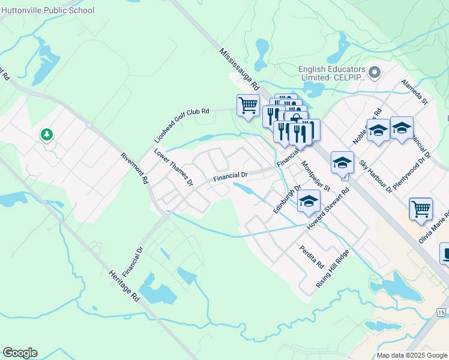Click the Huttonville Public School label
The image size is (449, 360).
pyautogui.click(x=47, y=10)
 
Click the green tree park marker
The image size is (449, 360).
pyautogui.click(x=47, y=134)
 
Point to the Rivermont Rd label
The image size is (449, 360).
pyautogui.click(x=134, y=167)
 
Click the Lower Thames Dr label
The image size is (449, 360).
pyautogui.click(x=173, y=166)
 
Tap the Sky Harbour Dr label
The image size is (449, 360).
pyautogui.click(x=376, y=176)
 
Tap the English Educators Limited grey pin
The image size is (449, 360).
pyautogui.click(x=375, y=73)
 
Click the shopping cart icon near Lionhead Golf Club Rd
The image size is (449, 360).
pyautogui.click(x=248, y=106)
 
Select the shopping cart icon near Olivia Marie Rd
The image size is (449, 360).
pyautogui.click(x=421, y=209)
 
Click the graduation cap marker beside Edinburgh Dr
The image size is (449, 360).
pyautogui.click(x=309, y=201)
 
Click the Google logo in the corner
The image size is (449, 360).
pyautogui.click(x=20, y=353)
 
